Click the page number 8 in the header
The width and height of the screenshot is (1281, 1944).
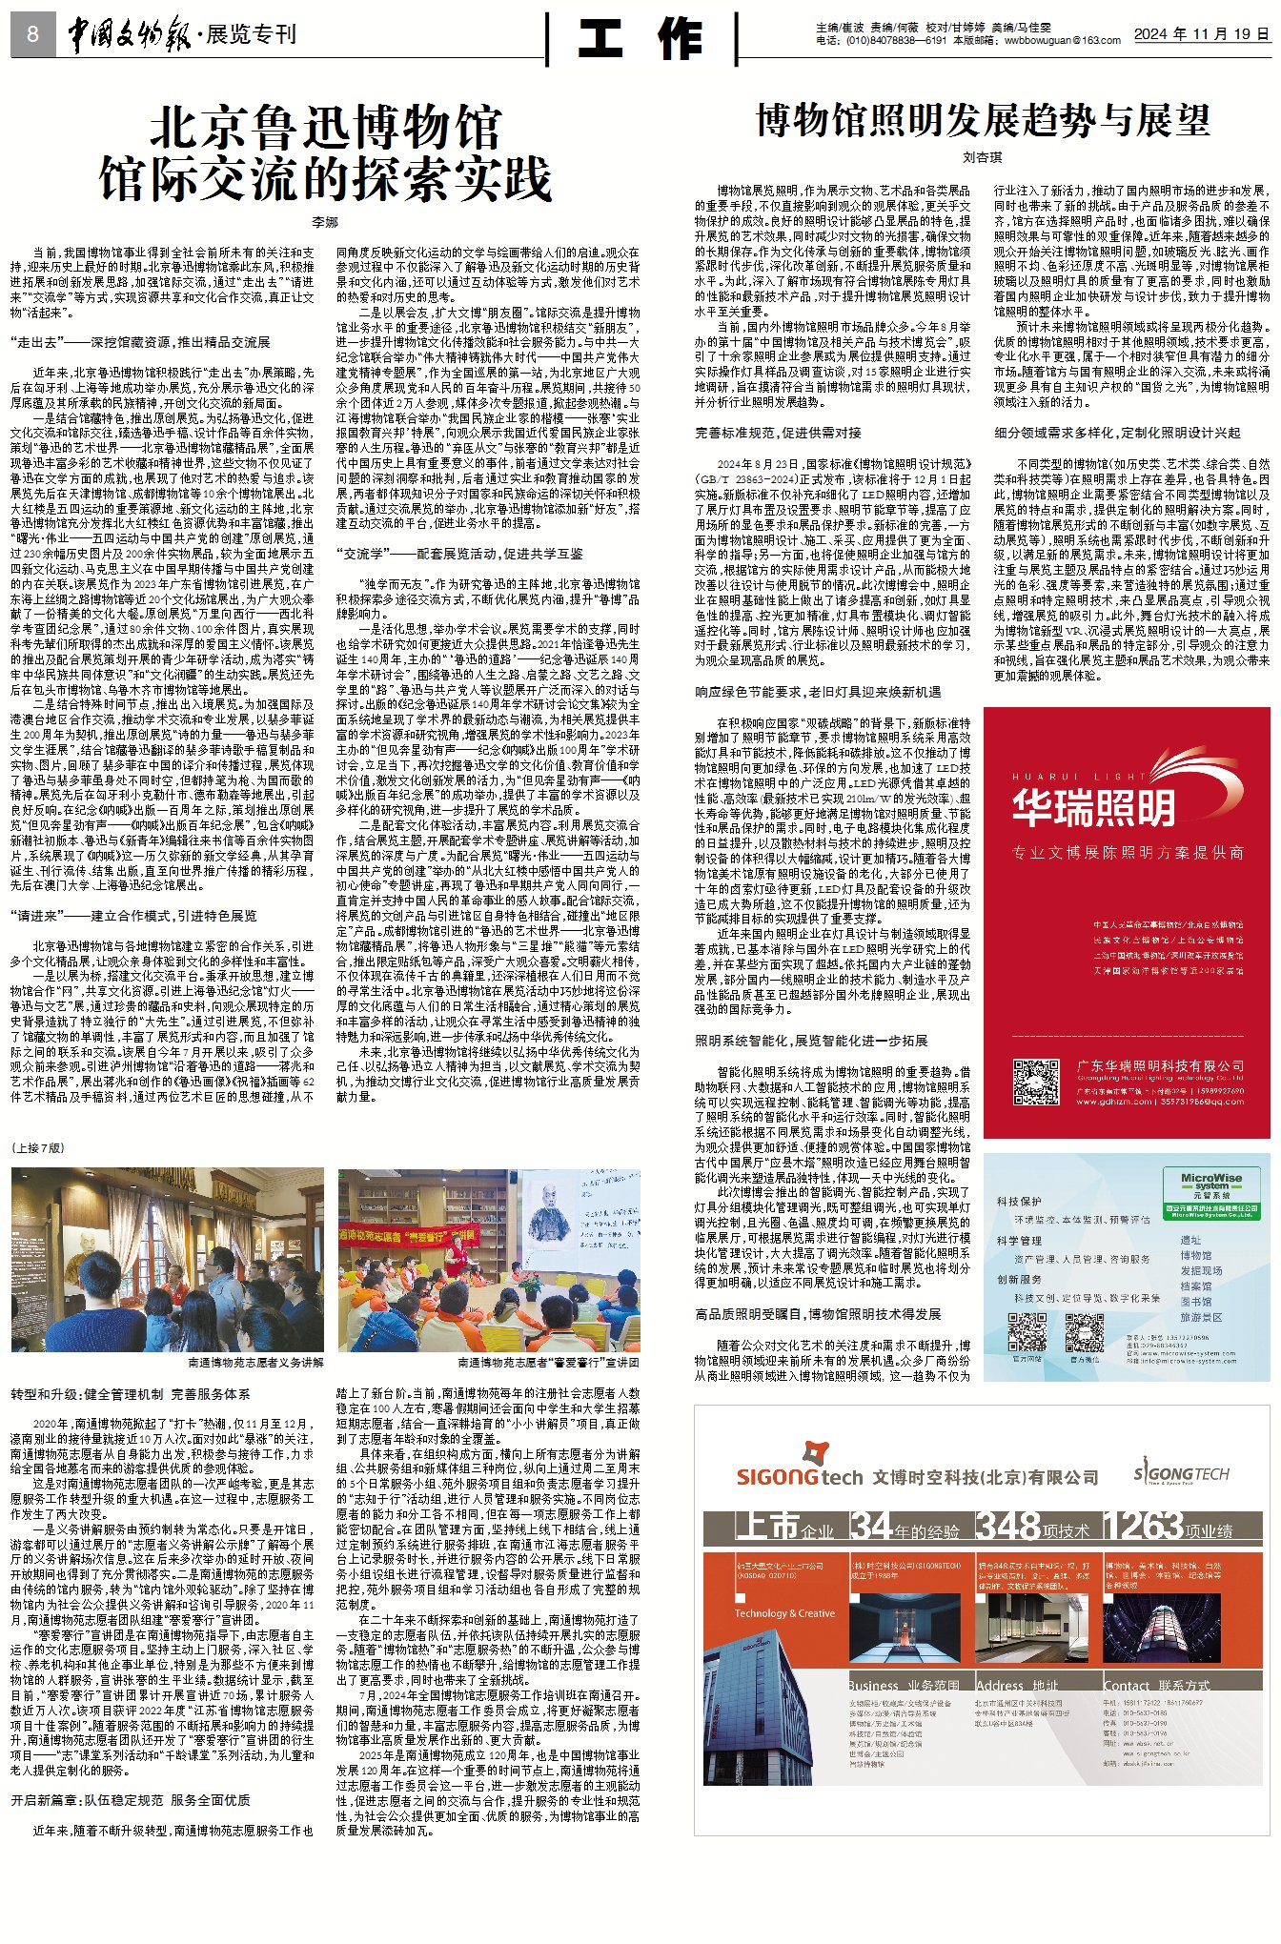pos(32,35)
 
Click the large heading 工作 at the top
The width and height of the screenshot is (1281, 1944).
pos(641,39)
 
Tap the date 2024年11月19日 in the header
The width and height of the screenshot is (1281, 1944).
pos(1201,34)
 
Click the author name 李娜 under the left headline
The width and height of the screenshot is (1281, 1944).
pos(325,222)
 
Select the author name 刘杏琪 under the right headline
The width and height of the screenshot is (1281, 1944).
pos(982,157)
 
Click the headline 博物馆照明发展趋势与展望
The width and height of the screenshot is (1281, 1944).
pos(982,121)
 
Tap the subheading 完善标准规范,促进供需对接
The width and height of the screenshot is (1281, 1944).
pos(778,433)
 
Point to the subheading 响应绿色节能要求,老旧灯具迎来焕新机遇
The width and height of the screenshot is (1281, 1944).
pos(818,692)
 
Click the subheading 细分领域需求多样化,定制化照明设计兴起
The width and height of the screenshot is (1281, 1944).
pos(1117,433)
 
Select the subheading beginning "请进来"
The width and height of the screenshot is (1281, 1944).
pos(133,916)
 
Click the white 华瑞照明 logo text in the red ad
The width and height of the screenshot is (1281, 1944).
pos(1093,808)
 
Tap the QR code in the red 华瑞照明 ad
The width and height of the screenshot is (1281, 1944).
pos(1035,1082)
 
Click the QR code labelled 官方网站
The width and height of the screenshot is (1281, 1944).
pos(1027,1331)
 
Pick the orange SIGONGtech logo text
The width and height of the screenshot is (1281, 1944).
pos(799,1477)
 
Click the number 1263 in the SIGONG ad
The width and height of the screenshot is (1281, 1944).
pos(1142,1527)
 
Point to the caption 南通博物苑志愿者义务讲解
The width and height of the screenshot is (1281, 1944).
pos(255,1363)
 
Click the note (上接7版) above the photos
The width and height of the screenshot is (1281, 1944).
pos(39,1148)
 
